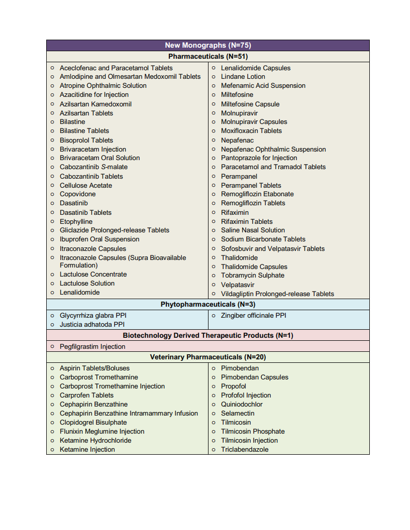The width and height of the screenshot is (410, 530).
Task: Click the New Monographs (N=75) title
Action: pos(208,45)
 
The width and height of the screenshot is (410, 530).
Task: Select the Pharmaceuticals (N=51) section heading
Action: pos(208,57)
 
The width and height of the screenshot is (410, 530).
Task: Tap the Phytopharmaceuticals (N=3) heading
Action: pos(208,305)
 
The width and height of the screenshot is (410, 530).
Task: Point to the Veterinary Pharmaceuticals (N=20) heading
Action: pos(208,357)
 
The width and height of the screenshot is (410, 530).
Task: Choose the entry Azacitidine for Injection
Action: pos(94,95)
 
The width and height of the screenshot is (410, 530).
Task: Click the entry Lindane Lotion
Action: pos(243,77)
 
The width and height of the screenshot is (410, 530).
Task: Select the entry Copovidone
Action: pos(77,194)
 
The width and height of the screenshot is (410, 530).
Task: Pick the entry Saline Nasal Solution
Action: pos(253,230)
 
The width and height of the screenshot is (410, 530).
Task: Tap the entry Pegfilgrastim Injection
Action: pos(92,347)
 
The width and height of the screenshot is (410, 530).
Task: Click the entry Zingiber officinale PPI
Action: pos(254,316)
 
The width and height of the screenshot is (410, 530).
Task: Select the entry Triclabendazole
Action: pos(245,450)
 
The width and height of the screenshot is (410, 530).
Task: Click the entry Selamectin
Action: pos(238,414)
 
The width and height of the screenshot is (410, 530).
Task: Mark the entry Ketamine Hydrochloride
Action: pos(95,441)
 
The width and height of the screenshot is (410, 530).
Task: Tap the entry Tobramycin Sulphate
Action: pos(252,276)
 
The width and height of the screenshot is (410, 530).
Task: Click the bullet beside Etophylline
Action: pos(52,222)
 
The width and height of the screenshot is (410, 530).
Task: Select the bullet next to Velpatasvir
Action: pos(214,285)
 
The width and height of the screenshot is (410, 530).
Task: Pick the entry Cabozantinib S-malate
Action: pos(93,167)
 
